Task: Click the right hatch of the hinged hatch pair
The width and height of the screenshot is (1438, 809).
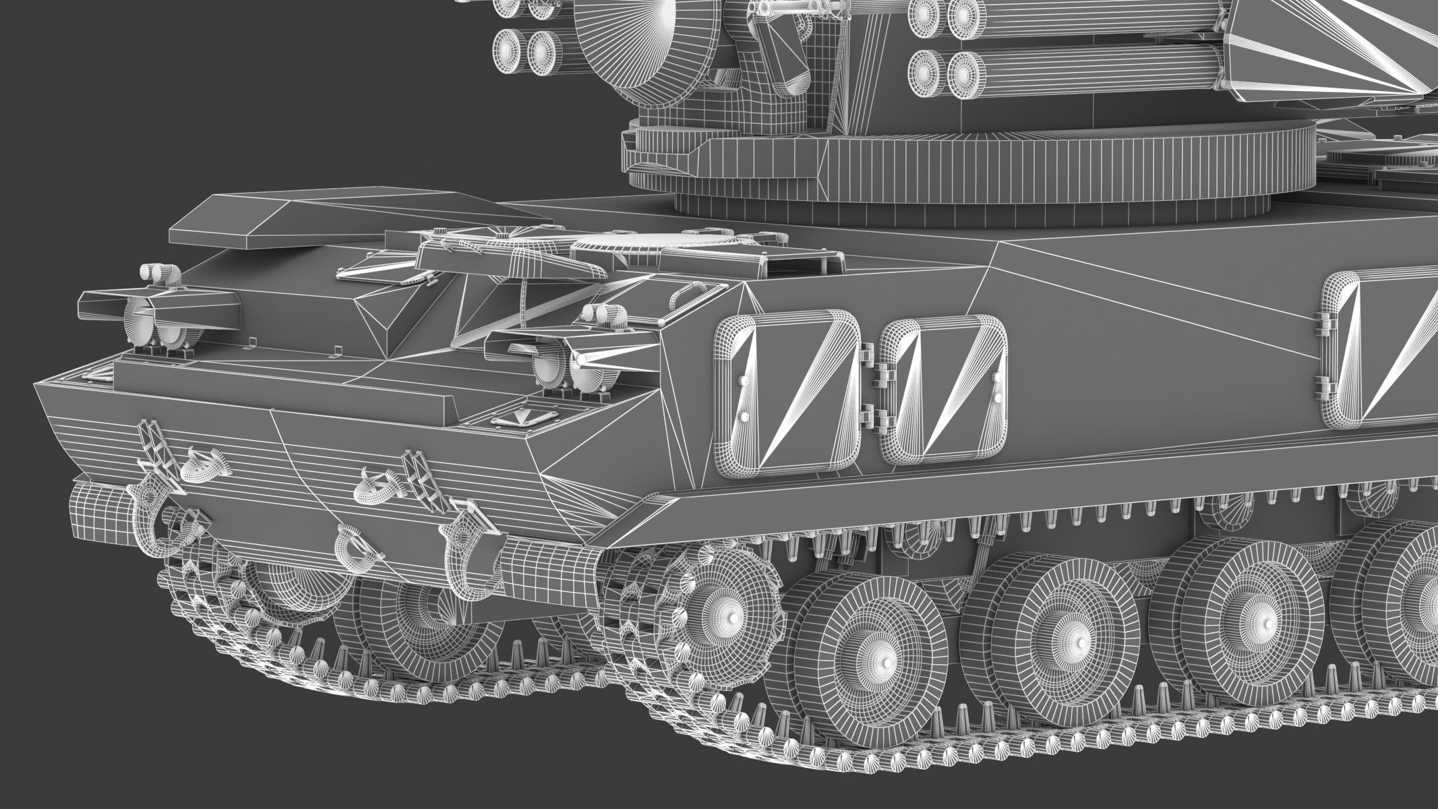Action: click(x=944, y=391)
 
